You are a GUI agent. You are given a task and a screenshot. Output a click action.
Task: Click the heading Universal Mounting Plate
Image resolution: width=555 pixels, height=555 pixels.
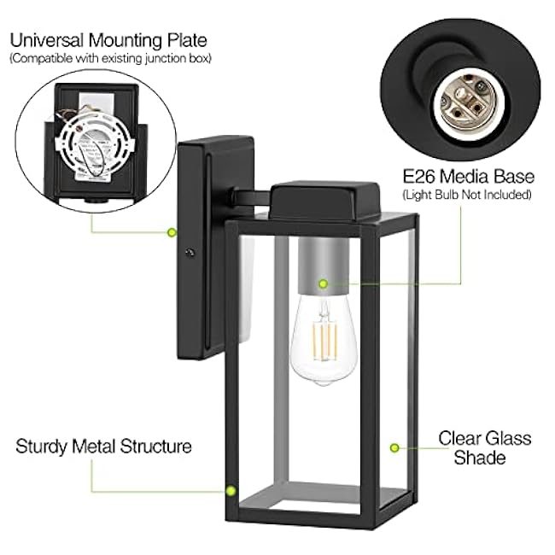point(108,39)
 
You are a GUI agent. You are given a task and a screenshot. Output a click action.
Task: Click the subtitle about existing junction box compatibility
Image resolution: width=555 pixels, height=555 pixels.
point(110,58)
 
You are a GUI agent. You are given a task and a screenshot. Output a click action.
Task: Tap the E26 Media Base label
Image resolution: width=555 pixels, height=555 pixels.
point(469,177)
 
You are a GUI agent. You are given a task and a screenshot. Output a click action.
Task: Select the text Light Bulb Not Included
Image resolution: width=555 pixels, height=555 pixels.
point(469,196)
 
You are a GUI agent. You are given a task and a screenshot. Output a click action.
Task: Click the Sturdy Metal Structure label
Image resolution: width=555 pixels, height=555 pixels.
point(104,447)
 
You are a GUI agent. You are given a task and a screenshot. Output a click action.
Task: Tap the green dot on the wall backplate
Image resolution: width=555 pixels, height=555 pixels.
point(172,231)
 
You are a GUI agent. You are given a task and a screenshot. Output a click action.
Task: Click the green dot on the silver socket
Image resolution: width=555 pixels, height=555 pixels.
point(323,283)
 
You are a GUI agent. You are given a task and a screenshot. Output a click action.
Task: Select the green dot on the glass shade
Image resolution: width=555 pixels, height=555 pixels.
point(394,447)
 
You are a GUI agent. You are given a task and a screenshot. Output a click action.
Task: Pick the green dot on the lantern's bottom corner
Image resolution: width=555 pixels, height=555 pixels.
point(231,490)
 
